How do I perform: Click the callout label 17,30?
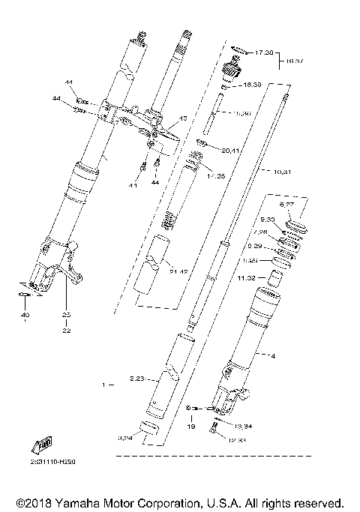[265, 53]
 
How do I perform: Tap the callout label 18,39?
[265, 86]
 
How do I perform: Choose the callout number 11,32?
[247, 277]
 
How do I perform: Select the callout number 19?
[190, 426]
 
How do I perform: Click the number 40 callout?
[25, 316]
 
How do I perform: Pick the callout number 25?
[65, 315]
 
